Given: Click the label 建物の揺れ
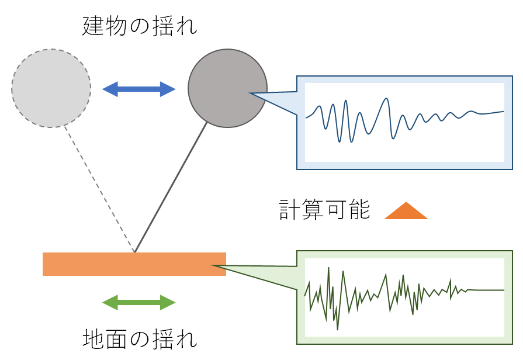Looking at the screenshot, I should (139, 26).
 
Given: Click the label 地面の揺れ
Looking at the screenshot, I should (139, 338).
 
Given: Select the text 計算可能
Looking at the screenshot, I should (324, 210).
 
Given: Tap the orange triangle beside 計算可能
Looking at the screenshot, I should (406, 212).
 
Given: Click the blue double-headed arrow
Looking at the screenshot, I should (139, 89).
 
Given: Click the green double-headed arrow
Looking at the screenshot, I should (139, 302).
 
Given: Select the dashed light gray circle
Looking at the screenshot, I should (51, 88).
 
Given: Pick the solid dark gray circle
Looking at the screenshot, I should (227, 88).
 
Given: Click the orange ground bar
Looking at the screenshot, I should (134, 264).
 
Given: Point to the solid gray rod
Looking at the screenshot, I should (171, 187).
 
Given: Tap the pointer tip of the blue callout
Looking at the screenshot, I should (251, 94).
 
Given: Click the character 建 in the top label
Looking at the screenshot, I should (92, 26).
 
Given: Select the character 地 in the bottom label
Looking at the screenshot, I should (92, 338).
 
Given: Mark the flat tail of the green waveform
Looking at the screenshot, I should (485, 290).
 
